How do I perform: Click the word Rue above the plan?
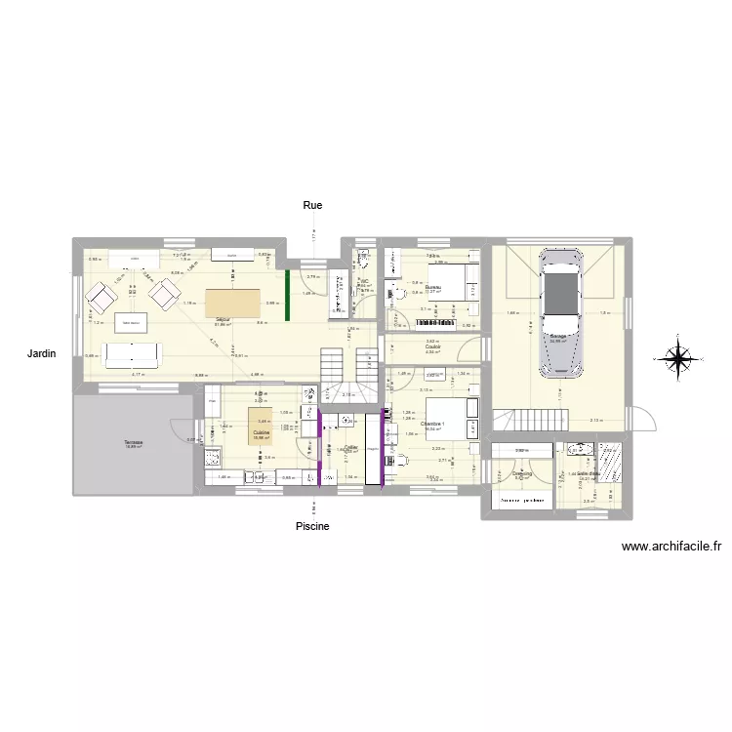(312, 206)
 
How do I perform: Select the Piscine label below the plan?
(313, 527)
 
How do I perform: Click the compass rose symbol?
(676, 358)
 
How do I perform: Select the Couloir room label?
(433, 346)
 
